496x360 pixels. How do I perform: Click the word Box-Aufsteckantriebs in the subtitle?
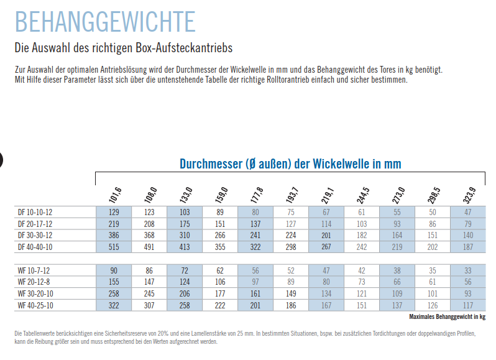195,47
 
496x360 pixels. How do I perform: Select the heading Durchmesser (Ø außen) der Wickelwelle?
290,164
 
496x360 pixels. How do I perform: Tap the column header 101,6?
116,195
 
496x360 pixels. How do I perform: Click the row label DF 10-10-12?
36,213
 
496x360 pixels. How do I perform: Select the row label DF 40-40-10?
36,247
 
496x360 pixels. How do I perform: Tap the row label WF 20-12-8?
35,282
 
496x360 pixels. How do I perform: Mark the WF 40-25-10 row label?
36,305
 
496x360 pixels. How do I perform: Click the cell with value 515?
114,247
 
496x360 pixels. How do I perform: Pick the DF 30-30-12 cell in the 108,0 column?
149,236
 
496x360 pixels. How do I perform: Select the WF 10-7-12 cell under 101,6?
114,270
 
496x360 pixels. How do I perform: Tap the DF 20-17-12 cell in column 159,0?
220,224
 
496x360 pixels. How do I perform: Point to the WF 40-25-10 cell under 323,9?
468,305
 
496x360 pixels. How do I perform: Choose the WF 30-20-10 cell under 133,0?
185,293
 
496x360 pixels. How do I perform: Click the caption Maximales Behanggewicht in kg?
448,316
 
